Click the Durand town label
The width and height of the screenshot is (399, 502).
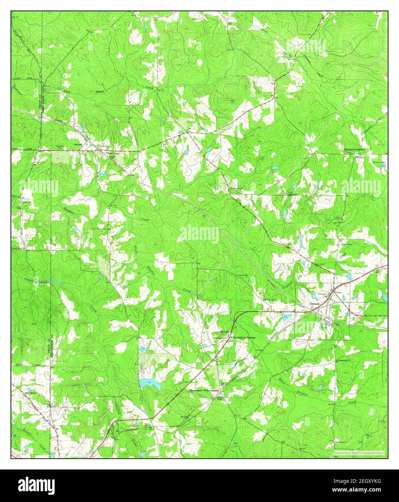315,304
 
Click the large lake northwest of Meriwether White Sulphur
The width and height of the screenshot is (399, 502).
150,384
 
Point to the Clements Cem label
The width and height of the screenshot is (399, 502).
378,162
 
